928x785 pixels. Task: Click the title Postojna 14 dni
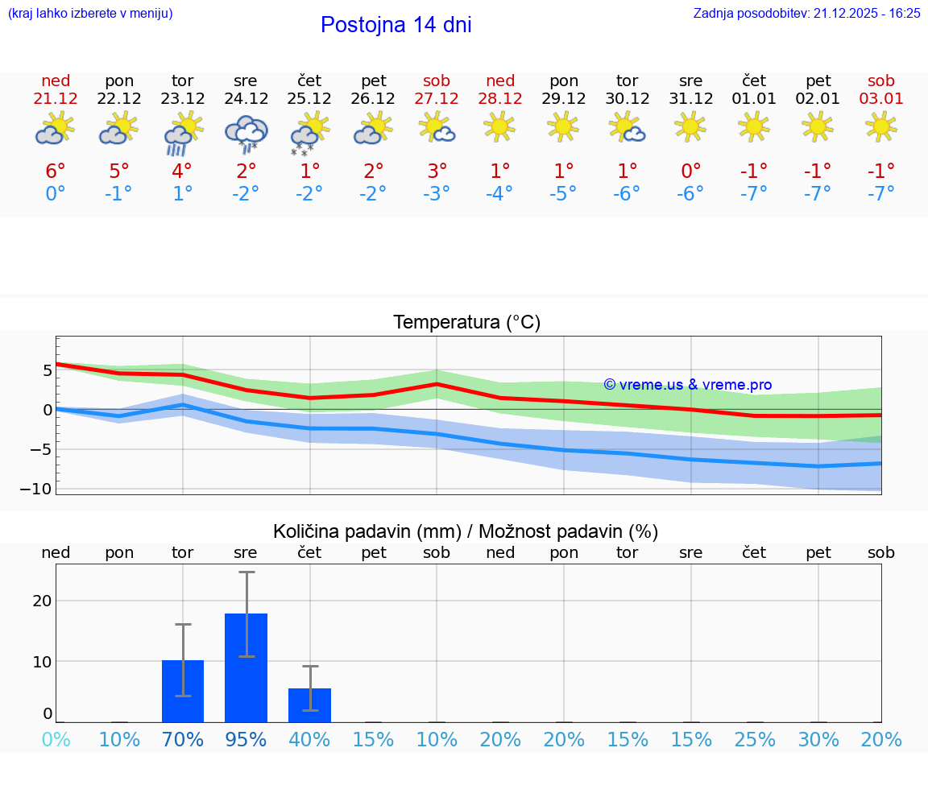396,25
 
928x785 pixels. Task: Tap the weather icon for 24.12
246,132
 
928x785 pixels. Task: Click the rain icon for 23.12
182,132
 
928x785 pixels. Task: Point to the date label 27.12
437,99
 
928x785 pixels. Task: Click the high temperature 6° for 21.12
56,171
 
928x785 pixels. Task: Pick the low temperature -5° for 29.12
564,193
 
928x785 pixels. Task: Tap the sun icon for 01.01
754,126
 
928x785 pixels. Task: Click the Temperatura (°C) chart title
466,323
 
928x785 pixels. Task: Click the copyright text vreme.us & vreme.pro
687,385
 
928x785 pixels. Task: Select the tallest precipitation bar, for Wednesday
246,667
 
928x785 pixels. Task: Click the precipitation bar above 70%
183,691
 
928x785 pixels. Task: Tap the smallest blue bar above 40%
309,705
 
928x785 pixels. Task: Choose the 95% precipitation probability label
246,739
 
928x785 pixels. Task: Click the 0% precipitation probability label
56,739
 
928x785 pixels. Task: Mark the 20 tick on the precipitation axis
42,601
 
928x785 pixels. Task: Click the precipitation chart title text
465,531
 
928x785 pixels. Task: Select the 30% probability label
818,739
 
